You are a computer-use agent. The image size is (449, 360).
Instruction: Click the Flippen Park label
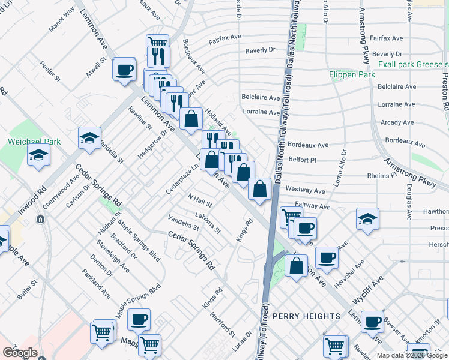click(352, 74)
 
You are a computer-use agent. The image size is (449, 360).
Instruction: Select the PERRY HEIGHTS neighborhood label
click(307, 316)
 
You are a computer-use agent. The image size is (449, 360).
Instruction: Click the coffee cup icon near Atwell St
click(125, 69)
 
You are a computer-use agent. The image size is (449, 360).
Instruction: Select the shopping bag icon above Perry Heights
click(297, 265)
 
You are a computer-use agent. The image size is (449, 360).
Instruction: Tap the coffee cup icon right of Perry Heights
click(372, 321)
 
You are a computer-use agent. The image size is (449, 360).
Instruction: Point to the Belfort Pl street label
click(302, 160)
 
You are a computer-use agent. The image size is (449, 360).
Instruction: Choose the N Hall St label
click(199, 199)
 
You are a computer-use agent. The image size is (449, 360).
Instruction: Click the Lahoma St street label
click(208, 222)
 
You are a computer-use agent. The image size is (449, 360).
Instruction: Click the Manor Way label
click(62, 20)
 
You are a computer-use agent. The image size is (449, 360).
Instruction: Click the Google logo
click(20, 352)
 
